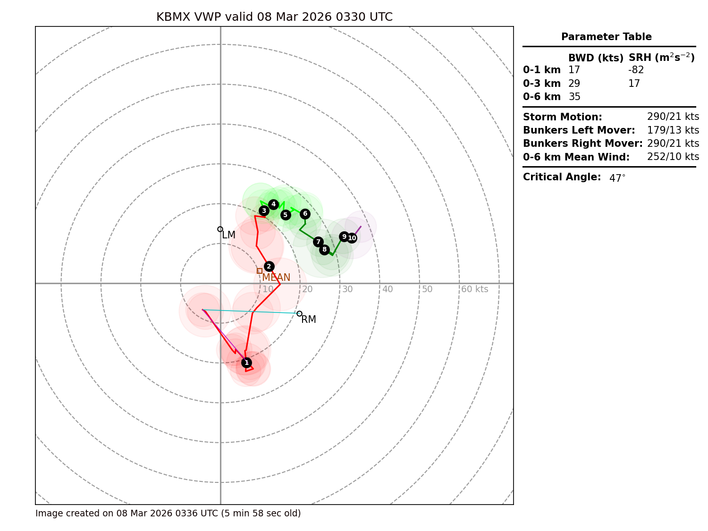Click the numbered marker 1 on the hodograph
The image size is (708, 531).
pos(246,362)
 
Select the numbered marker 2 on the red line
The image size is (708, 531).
pos(269,266)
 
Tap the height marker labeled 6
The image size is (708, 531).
pos(305,214)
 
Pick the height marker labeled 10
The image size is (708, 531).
pos(352,238)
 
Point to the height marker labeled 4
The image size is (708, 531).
pos(273,204)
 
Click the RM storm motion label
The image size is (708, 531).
pos(309,320)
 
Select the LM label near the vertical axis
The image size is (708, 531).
pos(229,235)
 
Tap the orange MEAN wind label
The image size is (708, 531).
pos(276,278)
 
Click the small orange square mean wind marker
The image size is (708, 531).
pos(260,271)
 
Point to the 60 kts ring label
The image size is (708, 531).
pos(474,289)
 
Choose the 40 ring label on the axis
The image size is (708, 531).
pos(388,289)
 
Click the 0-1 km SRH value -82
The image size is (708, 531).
pos(636,70)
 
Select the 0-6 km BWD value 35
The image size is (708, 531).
pos(574,97)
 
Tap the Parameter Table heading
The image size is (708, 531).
pos(606,37)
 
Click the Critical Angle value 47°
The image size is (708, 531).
pos(617,178)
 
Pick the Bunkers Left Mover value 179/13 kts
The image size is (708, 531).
pos(673,130)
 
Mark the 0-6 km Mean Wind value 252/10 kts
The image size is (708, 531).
pos(673,157)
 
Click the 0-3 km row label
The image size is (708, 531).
pos(541,84)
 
